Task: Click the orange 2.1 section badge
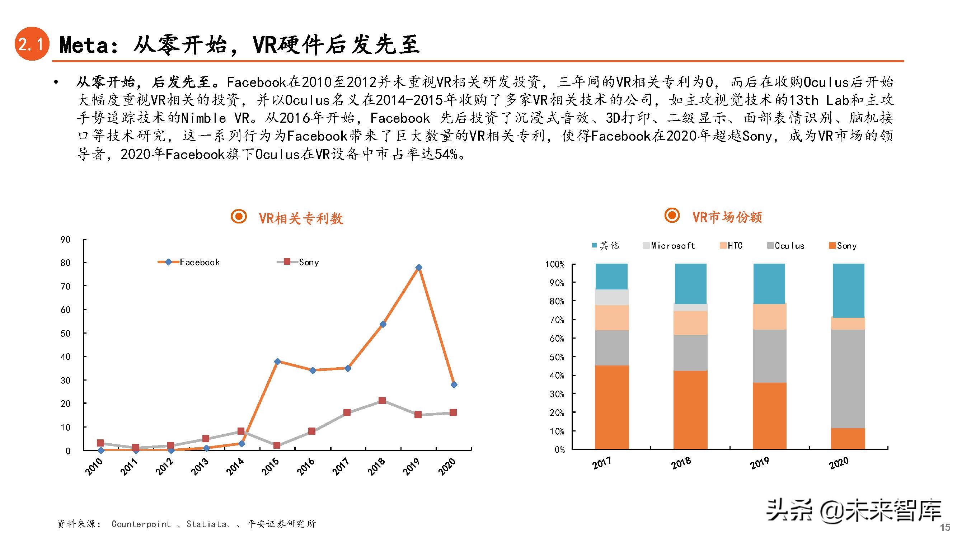pos(32,44)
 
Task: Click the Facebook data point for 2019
pos(419,267)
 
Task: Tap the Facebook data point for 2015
pos(277,361)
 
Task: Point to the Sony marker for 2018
pos(382,401)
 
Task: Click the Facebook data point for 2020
pos(454,384)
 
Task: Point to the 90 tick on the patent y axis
pos(65,240)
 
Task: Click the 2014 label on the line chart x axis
pos(235,467)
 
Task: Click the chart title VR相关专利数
pos(301,218)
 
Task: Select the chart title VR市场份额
pos(727,217)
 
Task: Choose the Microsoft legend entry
pos(669,246)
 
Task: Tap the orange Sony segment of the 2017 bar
pos(611,407)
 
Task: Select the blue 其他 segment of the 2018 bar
pos(690,284)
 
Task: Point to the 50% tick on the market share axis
pos(557,357)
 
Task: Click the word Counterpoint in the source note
pos(141,524)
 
